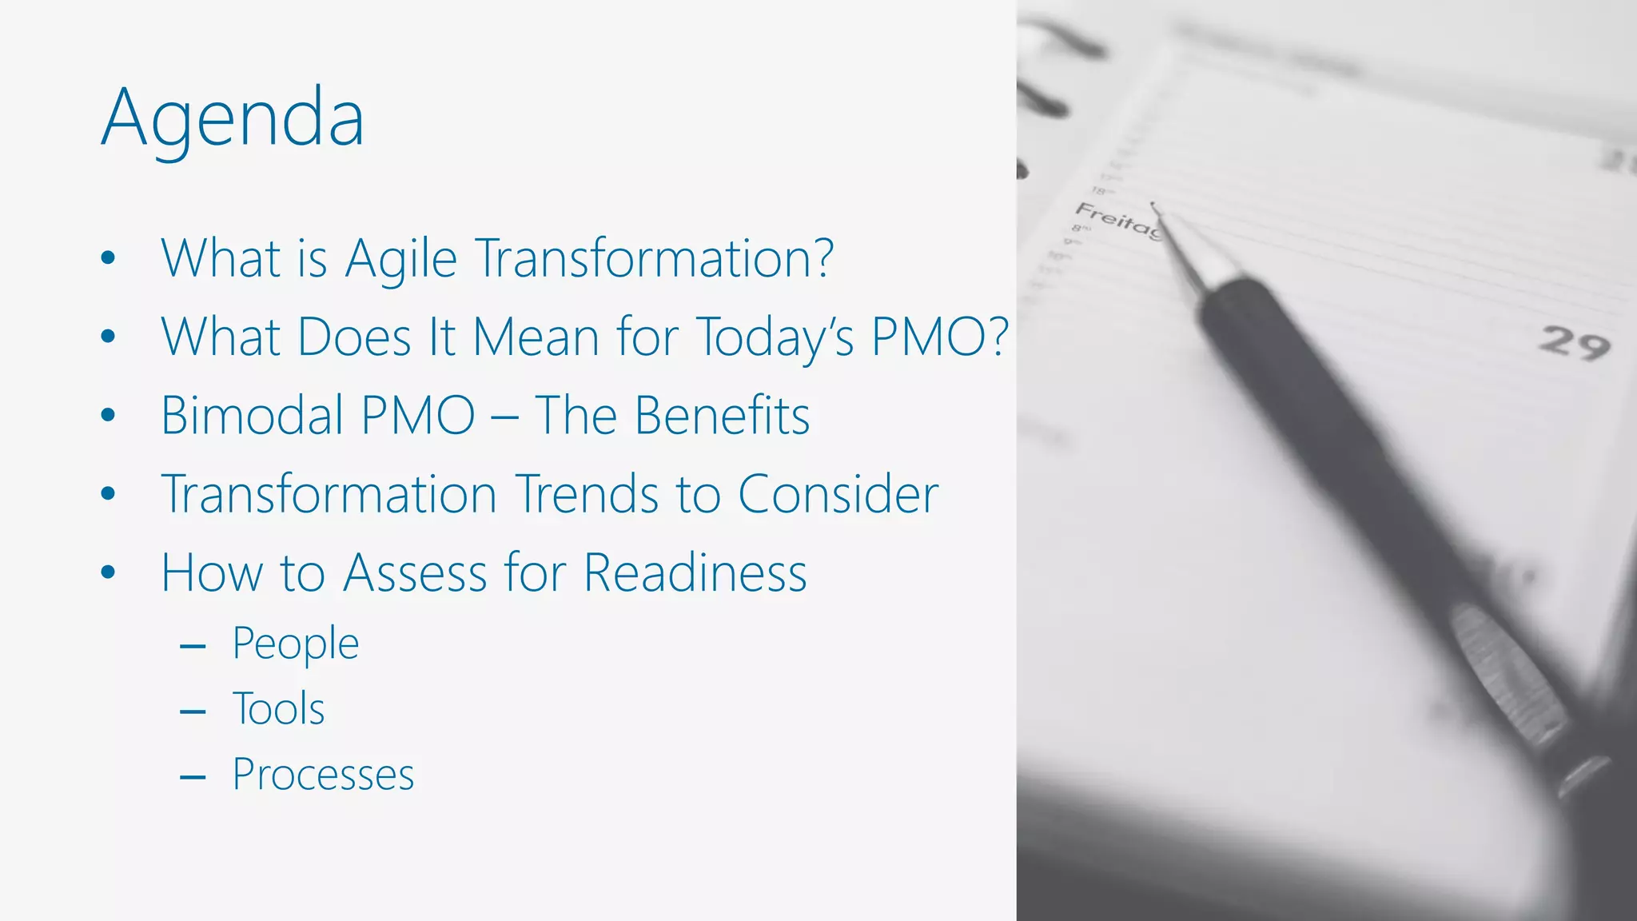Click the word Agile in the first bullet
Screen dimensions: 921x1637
(400, 259)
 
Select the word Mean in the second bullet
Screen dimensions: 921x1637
(536, 337)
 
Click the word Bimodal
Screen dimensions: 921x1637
(251, 416)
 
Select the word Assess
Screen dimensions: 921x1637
(415, 573)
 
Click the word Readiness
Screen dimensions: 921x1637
(695, 573)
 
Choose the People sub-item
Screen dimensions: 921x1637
(296, 644)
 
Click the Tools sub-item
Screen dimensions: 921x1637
(278, 709)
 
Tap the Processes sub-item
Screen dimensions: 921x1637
(323, 775)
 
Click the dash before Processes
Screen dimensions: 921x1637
(193, 776)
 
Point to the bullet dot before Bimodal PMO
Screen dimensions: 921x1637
(109, 416)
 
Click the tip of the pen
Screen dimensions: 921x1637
(1153, 206)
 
